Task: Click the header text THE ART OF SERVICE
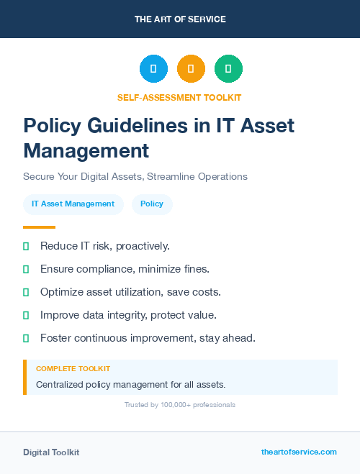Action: coord(180,19)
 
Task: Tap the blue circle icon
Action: coord(153,69)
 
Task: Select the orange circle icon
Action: coord(191,69)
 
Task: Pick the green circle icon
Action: coord(228,69)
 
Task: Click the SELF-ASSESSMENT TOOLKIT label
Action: coord(179,97)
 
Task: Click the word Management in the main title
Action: coord(86,150)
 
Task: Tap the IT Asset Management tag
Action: coord(73,204)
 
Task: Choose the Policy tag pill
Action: coord(152,204)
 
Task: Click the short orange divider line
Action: coord(39,227)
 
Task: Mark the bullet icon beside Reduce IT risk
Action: coord(26,246)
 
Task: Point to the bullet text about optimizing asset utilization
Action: coord(130,292)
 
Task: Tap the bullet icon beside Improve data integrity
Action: coord(26,315)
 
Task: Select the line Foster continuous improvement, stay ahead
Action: coord(148,337)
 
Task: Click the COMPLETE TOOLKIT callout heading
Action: coord(73,368)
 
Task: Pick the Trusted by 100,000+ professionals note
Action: coord(180,405)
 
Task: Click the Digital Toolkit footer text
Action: coord(51,452)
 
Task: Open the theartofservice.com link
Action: coord(299,452)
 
